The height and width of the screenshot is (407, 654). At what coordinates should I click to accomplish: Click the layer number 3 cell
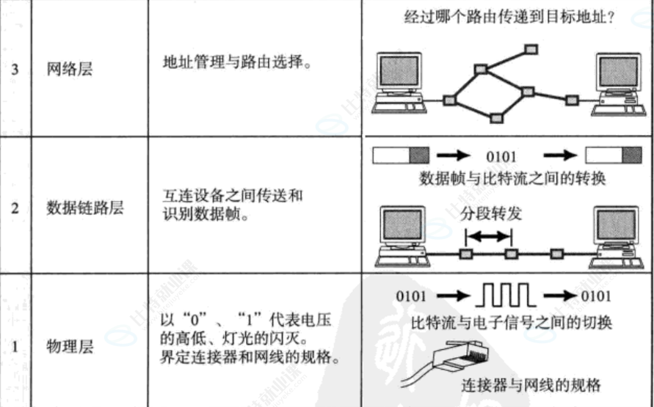tap(15, 70)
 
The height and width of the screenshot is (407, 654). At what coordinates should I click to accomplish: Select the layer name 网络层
tap(70, 70)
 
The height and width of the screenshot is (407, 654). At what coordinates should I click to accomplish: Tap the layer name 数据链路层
tap(85, 208)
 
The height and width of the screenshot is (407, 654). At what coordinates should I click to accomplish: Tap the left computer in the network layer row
tap(399, 83)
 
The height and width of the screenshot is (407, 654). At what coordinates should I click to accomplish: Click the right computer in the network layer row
tap(618, 83)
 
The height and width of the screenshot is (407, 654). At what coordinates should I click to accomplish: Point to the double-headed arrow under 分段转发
tap(488, 235)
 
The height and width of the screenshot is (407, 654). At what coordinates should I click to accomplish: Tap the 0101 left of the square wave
tap(411, 297)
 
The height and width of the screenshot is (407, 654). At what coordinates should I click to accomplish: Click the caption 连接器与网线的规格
tap(531, 384)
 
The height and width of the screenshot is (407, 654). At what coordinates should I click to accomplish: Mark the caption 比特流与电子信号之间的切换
tap(501, 321)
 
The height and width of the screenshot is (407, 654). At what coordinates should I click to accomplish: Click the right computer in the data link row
tap(618, 235)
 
